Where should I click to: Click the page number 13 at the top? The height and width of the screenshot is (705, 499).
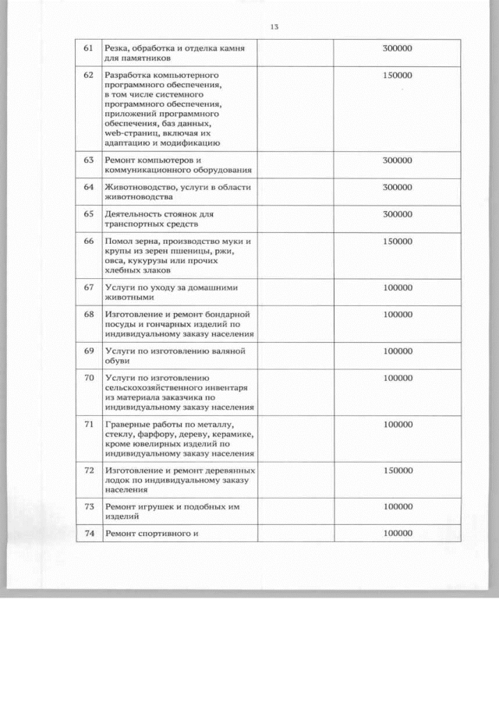pos(274,27)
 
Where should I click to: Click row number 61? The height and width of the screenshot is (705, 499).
pos(89,49)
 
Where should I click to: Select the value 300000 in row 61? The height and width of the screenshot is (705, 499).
pos(398,49)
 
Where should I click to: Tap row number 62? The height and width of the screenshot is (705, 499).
pos(89,76)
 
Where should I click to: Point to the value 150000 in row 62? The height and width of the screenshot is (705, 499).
pos(398,76)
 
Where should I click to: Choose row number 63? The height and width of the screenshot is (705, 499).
pos(89,160)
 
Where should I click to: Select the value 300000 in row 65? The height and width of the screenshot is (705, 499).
pos(398,213)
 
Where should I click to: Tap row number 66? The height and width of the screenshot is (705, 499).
pos(89,241)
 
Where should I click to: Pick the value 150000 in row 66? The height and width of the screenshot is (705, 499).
pos(398,241)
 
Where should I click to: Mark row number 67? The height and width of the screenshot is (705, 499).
pos(89,287)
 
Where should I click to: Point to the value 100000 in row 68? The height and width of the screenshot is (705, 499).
pos(398,315)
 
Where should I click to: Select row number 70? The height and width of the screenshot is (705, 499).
pos(89,379)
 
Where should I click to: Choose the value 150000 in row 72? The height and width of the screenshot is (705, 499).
pos(398,471)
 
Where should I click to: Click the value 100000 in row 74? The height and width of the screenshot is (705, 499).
pos(398,534)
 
